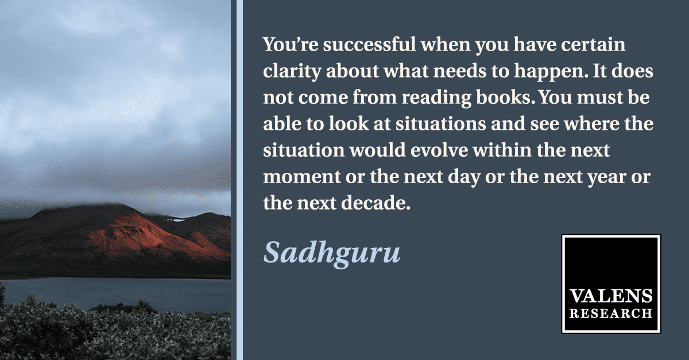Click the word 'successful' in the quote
pos(369,44)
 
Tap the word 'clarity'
pos(292,72)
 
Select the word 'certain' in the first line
pos(593,45)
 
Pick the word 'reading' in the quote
pos(436,98)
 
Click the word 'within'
pos(502,150)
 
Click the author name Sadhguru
pos(332,254)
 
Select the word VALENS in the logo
pos(611,296)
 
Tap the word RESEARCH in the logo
pos(611,314)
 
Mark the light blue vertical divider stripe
pos(239,180)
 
